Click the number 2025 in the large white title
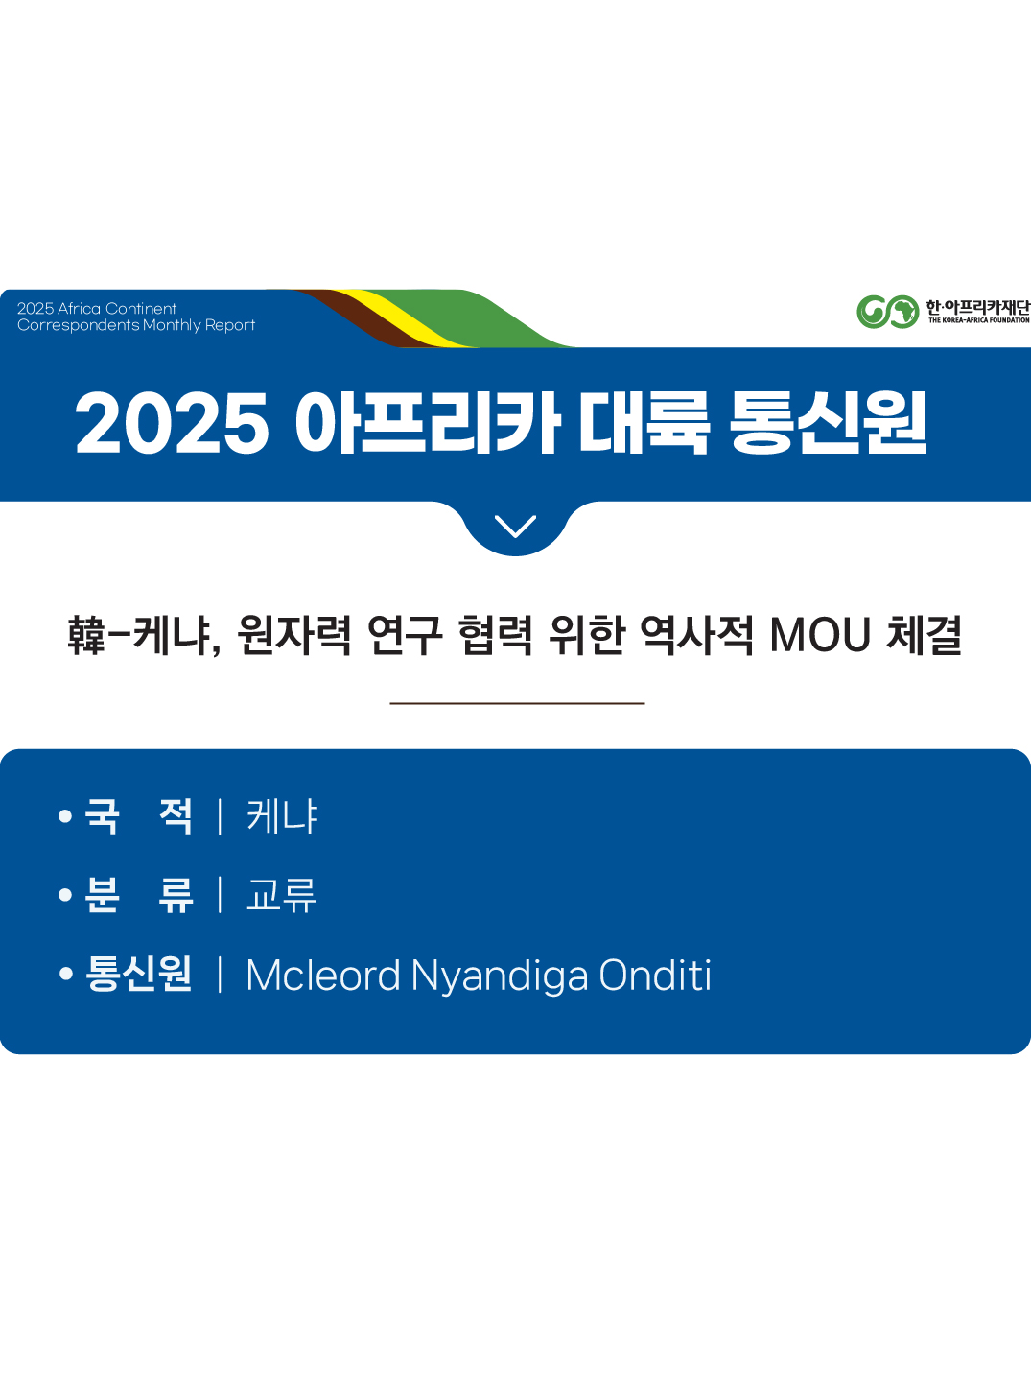click(172, 423)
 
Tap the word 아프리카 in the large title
click(427, 423)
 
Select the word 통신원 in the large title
click(828, 423)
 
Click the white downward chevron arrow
click(515, 526)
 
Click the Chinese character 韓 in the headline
click(85, 635)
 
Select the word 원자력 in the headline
click(293, 635)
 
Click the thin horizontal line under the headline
click(517, 703)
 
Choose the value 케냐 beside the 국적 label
click(282, 816)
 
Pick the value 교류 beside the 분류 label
click(282, 895)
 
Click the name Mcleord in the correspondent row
click(323, 976)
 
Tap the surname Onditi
click(655, 976)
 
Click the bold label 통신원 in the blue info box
click(139, 974)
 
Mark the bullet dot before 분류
click(65, 895)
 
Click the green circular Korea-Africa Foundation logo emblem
click(887, 312)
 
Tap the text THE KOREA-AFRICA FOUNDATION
click(978, 320)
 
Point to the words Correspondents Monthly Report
click(136, 325)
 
